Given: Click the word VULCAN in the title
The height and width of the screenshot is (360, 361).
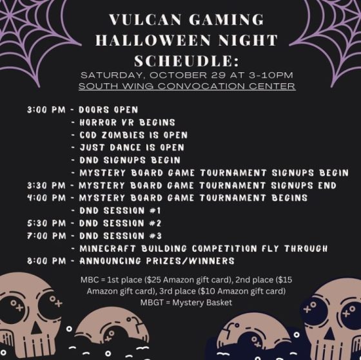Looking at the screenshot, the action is click(x=145, y=19).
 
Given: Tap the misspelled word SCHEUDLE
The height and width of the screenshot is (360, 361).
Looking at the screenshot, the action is click(x=187, y=61).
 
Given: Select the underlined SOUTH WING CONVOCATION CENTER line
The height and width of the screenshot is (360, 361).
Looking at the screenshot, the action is click(x=187, y=86).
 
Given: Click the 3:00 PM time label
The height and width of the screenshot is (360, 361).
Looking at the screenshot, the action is click(x=46, y=109).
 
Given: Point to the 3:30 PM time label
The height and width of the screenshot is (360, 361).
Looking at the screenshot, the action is click(x=46, y=185).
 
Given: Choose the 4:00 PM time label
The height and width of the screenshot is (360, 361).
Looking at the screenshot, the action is click(x=46, y=198).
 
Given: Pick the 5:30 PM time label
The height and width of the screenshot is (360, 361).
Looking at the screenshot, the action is click(x=46, y=223).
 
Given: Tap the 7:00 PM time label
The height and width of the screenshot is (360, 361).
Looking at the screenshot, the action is click(x=46, y=236).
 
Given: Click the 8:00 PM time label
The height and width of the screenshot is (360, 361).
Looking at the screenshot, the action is click(x=46, y=261).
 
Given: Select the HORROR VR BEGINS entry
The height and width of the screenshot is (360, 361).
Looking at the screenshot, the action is click(x=128, y=122).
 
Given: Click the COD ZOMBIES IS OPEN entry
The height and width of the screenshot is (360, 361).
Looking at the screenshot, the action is click(x=133, y=135).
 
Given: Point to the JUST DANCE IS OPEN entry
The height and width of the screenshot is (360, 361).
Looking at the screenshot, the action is click(x=132, y=147).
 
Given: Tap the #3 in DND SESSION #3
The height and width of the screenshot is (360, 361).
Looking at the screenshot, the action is click(x=155, y=236).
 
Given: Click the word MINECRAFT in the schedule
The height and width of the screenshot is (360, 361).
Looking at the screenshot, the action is click(x=108, y=249).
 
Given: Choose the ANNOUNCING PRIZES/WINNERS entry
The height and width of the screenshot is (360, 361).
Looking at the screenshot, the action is click(x=157, y=261).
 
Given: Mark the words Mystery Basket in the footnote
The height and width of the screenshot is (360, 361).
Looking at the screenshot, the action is click(x=202, y=303).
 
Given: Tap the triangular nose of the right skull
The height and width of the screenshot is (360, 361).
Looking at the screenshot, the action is click(x=329, y=334).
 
